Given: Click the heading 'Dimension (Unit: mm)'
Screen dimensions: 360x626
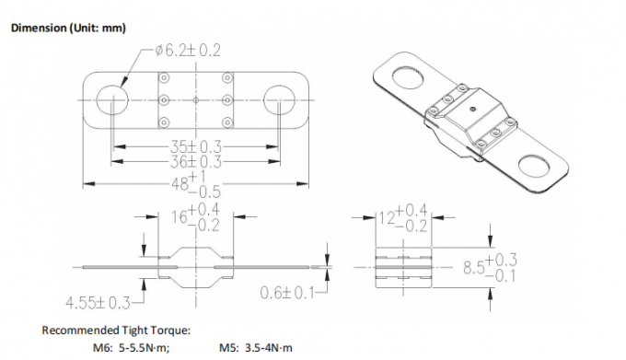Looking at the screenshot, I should click(x=67, y=28).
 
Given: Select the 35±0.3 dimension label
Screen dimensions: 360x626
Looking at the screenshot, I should click(x=194, y=146).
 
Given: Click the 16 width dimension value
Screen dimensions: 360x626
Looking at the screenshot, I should click(x=194, y=219).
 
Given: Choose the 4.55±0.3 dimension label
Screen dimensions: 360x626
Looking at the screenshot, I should click(x=97, y=301).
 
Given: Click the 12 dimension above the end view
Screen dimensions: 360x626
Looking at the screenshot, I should click(x=403, y=219).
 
